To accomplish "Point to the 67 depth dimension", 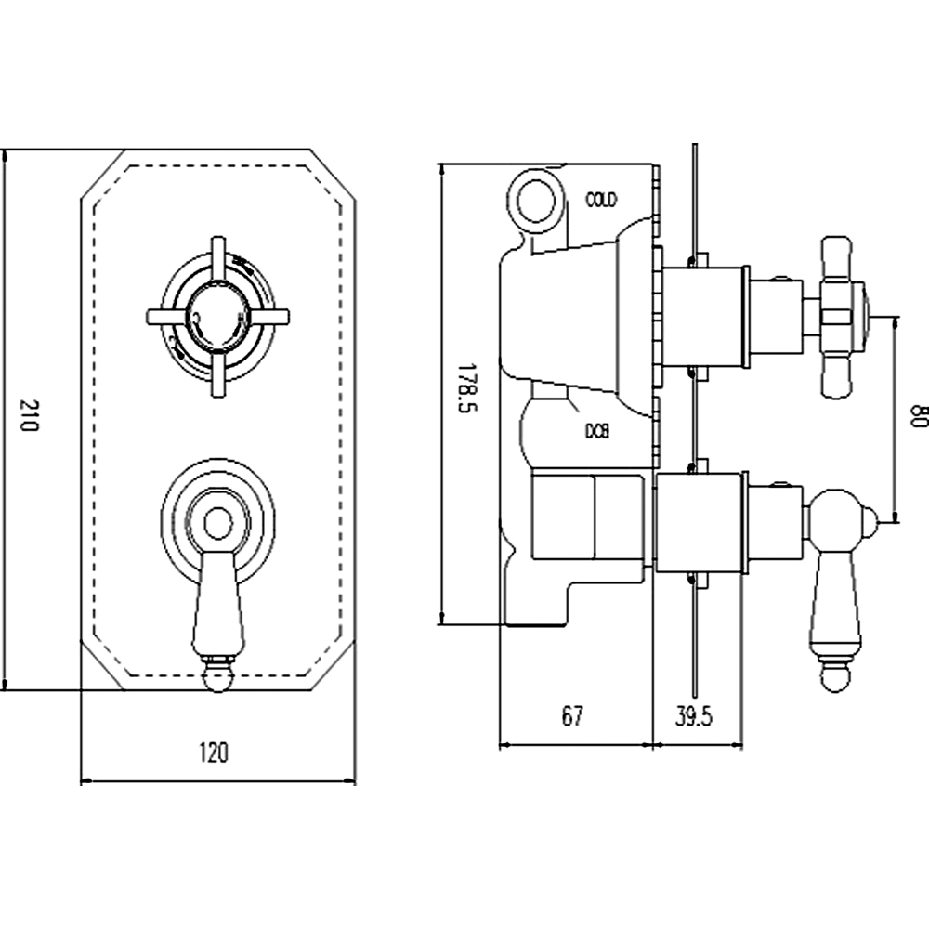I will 573,715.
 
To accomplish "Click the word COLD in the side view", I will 601,199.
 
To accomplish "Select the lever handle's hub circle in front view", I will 216,523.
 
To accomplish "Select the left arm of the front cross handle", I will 165,316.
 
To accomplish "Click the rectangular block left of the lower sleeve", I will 587,517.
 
